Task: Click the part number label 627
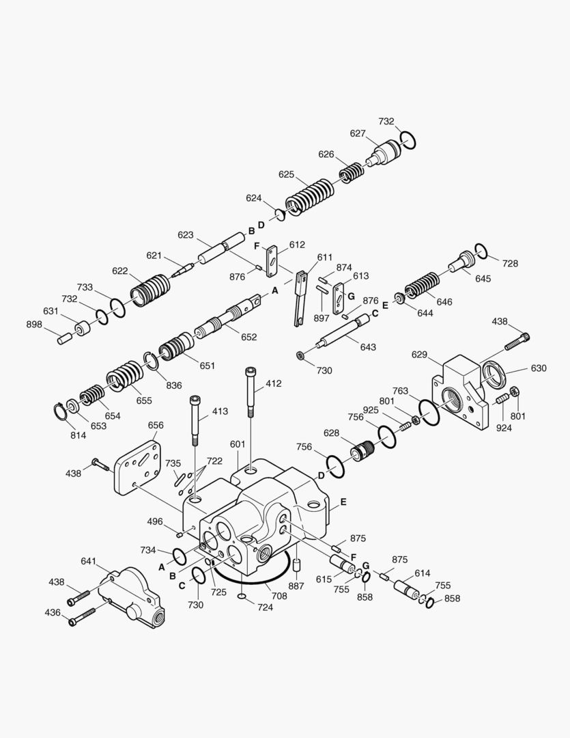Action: coord(358,134)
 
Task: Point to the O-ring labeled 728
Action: coord(480,251)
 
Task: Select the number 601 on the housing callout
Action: coord(237,444)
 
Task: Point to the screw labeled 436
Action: coord(81,620)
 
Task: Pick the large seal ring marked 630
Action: coord(495,375)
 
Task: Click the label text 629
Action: coord(419,355)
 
